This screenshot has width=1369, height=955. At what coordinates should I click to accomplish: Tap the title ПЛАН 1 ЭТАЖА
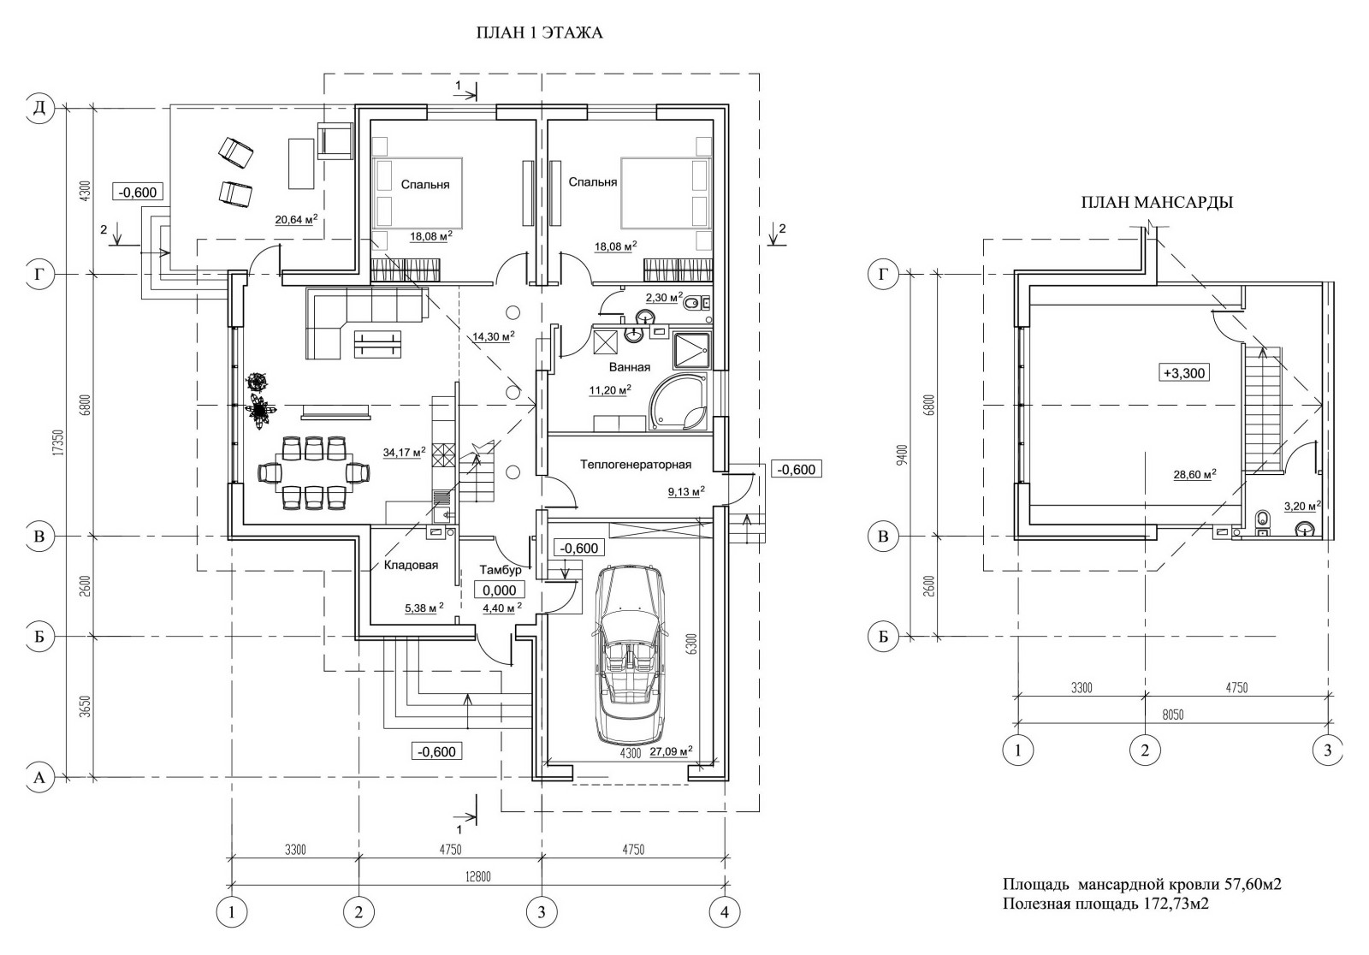539,33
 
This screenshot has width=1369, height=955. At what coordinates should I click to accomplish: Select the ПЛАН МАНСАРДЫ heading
1156,204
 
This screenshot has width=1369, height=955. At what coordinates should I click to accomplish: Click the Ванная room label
629,367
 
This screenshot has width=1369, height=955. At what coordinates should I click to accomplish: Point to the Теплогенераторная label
635,465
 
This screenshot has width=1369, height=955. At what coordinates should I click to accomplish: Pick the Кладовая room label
411,565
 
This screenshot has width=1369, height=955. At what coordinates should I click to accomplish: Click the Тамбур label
501,570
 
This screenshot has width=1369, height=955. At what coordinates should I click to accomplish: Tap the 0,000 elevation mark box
499,590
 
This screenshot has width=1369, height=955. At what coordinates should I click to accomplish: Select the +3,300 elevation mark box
1183,373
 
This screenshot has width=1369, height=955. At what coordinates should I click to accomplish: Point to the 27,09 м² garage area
671,752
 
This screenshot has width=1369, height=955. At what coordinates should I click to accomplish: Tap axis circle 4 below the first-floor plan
725,912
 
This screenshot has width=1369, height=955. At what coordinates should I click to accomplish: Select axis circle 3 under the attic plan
1327,750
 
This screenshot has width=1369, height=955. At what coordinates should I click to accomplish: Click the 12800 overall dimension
477,876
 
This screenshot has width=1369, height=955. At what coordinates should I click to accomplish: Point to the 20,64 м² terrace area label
296,220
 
